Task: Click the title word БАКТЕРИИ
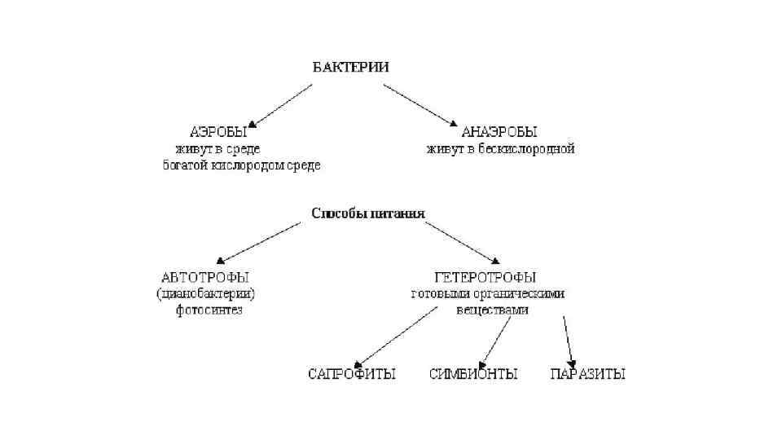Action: pyautogui.click(x=351, y=68)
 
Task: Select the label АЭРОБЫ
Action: pyautogui.click(x=214, y=131)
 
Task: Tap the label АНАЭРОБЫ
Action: pyautogui.click(x=499, y=131)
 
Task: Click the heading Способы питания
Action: pyautogui.click(x=368, y=214)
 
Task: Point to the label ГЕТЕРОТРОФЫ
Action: pyautogui.click(x=485, y=277)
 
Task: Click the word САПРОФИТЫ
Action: pyautogui.click(x=351, y=374)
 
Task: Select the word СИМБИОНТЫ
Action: pyautogui.click(x=472, y=374)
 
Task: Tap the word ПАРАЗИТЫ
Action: pyautogui.click(x=587, y=374)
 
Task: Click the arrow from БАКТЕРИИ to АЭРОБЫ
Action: pyautogui.click(x=282, y=105)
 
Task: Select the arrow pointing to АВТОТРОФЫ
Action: pyautogui.click(x=261, y=243)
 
